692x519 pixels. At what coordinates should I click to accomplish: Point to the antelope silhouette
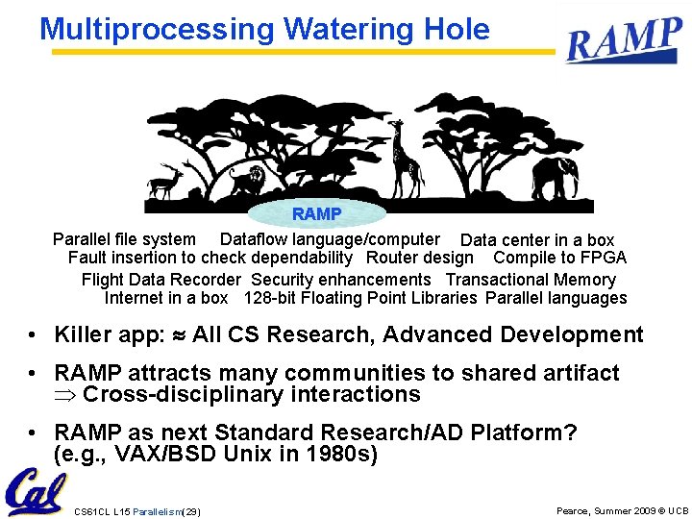(x=166, y=180)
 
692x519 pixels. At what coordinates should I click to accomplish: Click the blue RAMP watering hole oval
(x=316, y=213)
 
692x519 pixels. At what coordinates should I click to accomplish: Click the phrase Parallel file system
(x=124, y=239)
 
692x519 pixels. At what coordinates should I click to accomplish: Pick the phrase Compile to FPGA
(x=559, y=258)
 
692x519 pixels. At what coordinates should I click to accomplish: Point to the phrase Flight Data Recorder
(x=161, y=280)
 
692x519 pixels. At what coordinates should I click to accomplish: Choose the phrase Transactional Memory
(x=530, y=280)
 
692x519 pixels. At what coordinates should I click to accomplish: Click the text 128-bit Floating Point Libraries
(x=360, y=298)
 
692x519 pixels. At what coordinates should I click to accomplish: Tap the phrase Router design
(x=420, y=258)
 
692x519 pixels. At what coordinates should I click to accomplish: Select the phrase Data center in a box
(x=537, y=240)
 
